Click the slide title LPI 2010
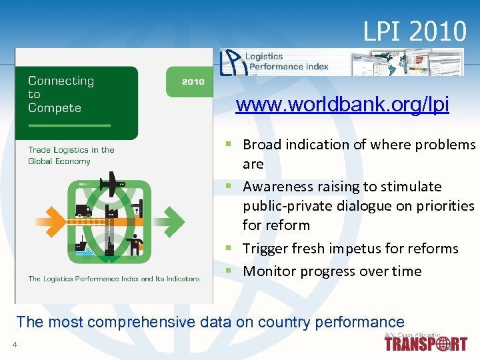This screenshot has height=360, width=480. [415, 31]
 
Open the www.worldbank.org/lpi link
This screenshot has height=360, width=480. [342, 105]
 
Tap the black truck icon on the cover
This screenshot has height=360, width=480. [83, 211]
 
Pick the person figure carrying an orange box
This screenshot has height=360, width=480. [136, 246]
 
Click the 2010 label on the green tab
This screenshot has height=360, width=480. [193, 82]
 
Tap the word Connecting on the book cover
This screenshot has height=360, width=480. [61, 81]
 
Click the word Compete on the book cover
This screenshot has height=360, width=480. [54, 108]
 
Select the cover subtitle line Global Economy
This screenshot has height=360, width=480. [59, 161]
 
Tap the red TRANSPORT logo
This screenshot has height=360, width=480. [425, 344]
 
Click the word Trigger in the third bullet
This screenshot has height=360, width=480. [263, 249]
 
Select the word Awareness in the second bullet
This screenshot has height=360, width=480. [275, 187]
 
